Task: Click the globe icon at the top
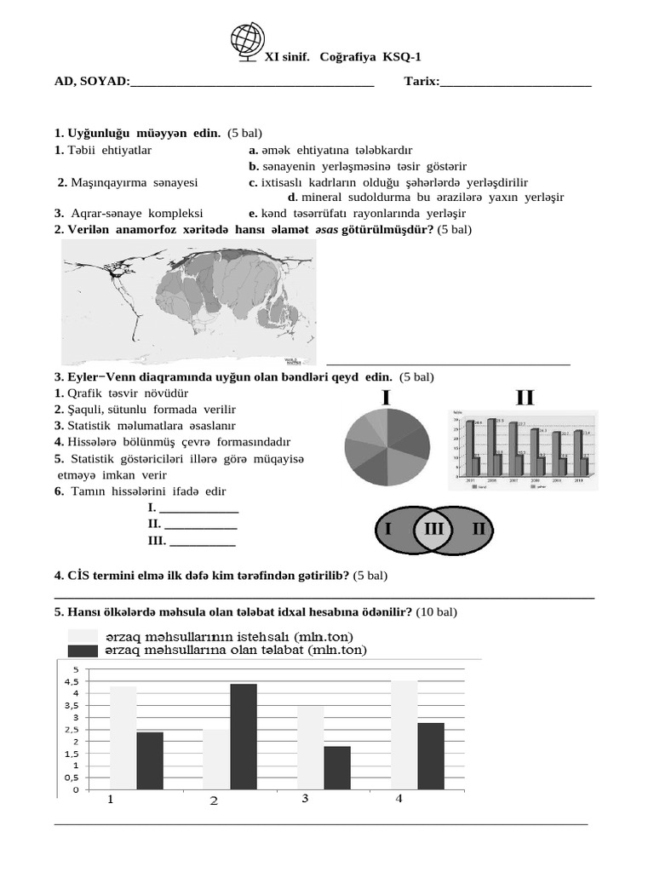248,43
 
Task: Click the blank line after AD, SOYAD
252,83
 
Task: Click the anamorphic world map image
188,302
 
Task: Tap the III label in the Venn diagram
433,530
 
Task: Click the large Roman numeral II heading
525,398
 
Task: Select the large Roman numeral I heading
386,398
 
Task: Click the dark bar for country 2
243,737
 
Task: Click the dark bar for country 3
337,768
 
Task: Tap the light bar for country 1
123,737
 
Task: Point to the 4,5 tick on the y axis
72,681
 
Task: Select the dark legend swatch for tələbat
83,651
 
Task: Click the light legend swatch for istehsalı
83,636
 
